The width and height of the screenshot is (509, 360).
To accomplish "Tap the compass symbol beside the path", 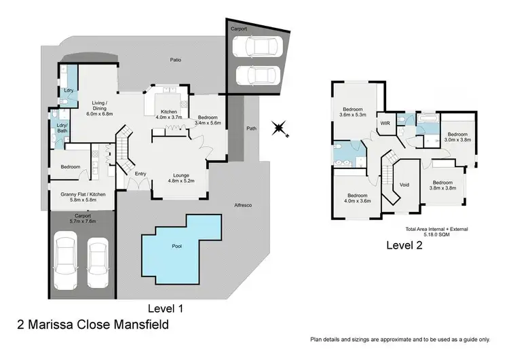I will [x=277, y=127].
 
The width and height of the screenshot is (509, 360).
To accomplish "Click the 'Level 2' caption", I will [x=404, y=246].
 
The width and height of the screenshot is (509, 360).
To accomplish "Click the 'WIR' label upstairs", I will [x=385, y=124].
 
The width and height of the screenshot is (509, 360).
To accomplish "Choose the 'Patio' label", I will [x=175, y=60].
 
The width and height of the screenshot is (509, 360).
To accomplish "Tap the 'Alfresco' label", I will [x=244, y=205].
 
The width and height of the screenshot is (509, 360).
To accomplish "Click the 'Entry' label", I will [x=140, y=174].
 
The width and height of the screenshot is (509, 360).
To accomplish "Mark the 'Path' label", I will [x=252, y=128].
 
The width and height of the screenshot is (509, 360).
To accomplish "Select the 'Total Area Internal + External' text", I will [x=436, y=229].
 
